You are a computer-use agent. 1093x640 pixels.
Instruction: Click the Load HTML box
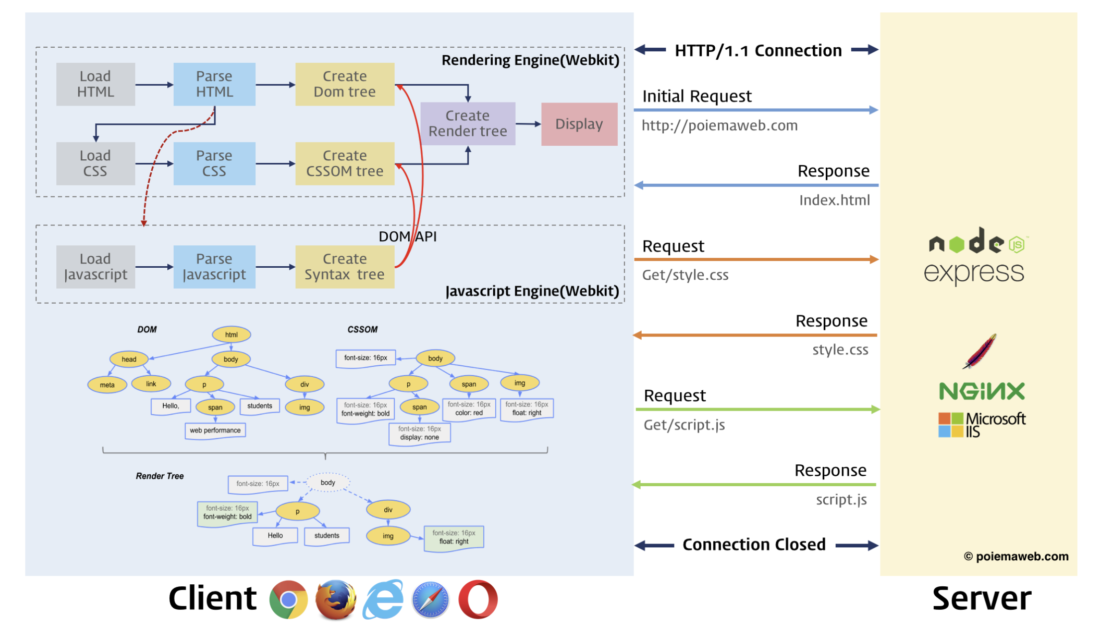pyautogui.click(x=96, y=84)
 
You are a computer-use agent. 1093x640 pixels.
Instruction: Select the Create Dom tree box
pyautogui.click(x=345, y=84)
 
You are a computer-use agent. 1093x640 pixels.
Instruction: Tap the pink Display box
pyautogui.click(x=579, y=124)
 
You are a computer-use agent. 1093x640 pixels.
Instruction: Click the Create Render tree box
pyautogui.click(x=468, y=123)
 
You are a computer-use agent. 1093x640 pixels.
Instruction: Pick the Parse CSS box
pyautogui.click(x=215, y=164)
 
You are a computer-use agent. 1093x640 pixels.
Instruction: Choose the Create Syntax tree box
pyautogui.click(x=345, y=267)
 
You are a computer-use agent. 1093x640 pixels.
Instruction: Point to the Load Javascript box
pyautogui.click(x=96, y=267)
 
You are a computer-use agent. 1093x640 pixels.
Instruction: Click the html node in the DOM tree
pyautogui.click(x=231, y=334)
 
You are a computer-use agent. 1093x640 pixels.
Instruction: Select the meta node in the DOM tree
pyautogui.click(x=107, y=385)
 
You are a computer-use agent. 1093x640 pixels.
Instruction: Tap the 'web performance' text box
pyautogui.click(x=215, y=430)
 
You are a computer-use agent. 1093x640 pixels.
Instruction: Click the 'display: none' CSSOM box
pyautogui.click(x=420, y=433)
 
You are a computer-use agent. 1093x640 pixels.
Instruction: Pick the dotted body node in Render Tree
pyautogui.click(x=328, y=482)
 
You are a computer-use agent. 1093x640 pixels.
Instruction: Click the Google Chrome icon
pyautogui.click(x=289, y=599)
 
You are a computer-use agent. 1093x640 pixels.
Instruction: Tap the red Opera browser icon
pyautogui.click(x=478, y=599)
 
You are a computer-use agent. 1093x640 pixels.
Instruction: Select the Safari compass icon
pyautogui.click(x=431, y=600)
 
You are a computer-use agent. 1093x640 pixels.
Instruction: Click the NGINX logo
pyautogui.click(x=982, y=391)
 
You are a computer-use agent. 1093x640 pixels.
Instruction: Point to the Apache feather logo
pyautogui.click(x=980, y=351)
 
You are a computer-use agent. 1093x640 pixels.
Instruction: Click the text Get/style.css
pyautogui.click(x=685, y=275)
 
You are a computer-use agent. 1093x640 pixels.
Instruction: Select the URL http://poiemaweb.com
pyautogui.click(x=720, y=125)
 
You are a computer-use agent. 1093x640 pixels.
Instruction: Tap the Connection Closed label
pyautogui.click(x=754, y=544)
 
